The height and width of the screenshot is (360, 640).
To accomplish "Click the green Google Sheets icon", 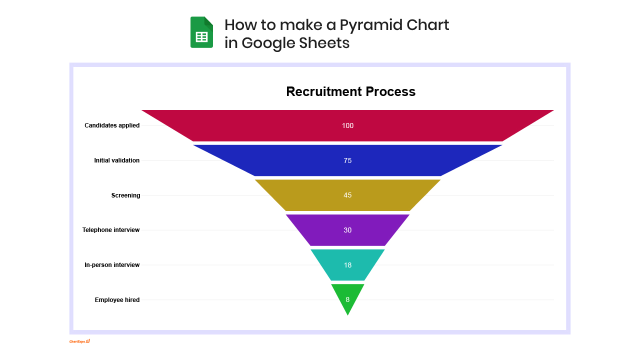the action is [201, 32].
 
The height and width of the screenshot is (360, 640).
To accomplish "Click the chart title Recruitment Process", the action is [351, 91].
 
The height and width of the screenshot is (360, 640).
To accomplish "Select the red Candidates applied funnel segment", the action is [347, 125].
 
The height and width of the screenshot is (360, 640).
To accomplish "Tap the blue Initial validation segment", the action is [347, 160].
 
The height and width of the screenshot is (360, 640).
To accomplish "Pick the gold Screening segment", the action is [347, 195].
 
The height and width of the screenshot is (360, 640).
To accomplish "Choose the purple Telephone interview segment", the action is [347, 230].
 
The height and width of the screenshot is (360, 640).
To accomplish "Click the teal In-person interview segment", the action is [347, 265].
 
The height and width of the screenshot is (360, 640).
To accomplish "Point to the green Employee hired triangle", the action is [347, 297].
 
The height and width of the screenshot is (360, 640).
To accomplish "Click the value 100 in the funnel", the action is [347, 125].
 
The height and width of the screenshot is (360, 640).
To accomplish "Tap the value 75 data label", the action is [347, 160].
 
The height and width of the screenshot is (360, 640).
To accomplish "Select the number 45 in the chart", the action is [347, 195].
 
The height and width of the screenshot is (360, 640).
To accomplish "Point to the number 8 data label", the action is [347, 299].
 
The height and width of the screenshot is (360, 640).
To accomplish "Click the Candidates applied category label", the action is [112, 125].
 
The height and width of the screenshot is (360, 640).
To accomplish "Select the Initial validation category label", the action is [117, 160].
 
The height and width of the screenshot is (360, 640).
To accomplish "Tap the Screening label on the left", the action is [125, 195].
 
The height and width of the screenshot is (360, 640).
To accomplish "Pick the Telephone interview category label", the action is [111, 230].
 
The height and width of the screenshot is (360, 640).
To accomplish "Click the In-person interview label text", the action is [112, 265].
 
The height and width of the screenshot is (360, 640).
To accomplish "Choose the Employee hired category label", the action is [117, 300].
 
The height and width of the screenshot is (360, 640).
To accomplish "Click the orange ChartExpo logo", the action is [79, 341].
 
